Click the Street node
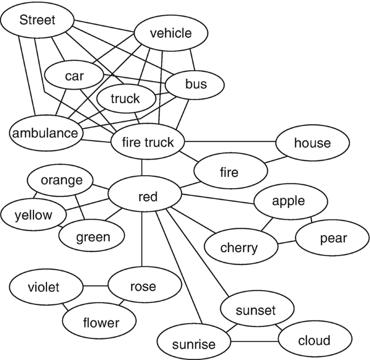[x=37, y=21]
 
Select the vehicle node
[x=171, y=34]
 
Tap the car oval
[x=75, y=76]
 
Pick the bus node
[x=196, y=84]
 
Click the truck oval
[x=125, y=99]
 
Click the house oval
[x=312, y=143]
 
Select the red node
[x=147, y=197]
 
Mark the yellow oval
[x=33, y=215]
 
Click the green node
[x=92, y=236]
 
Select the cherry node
[x=239, y=248]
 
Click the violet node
[x=44, y=286]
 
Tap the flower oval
[x=101, y=323]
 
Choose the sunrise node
[x=193, y=344]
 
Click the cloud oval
[x=314, y=341]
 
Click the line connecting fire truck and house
[x=230, y=142]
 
